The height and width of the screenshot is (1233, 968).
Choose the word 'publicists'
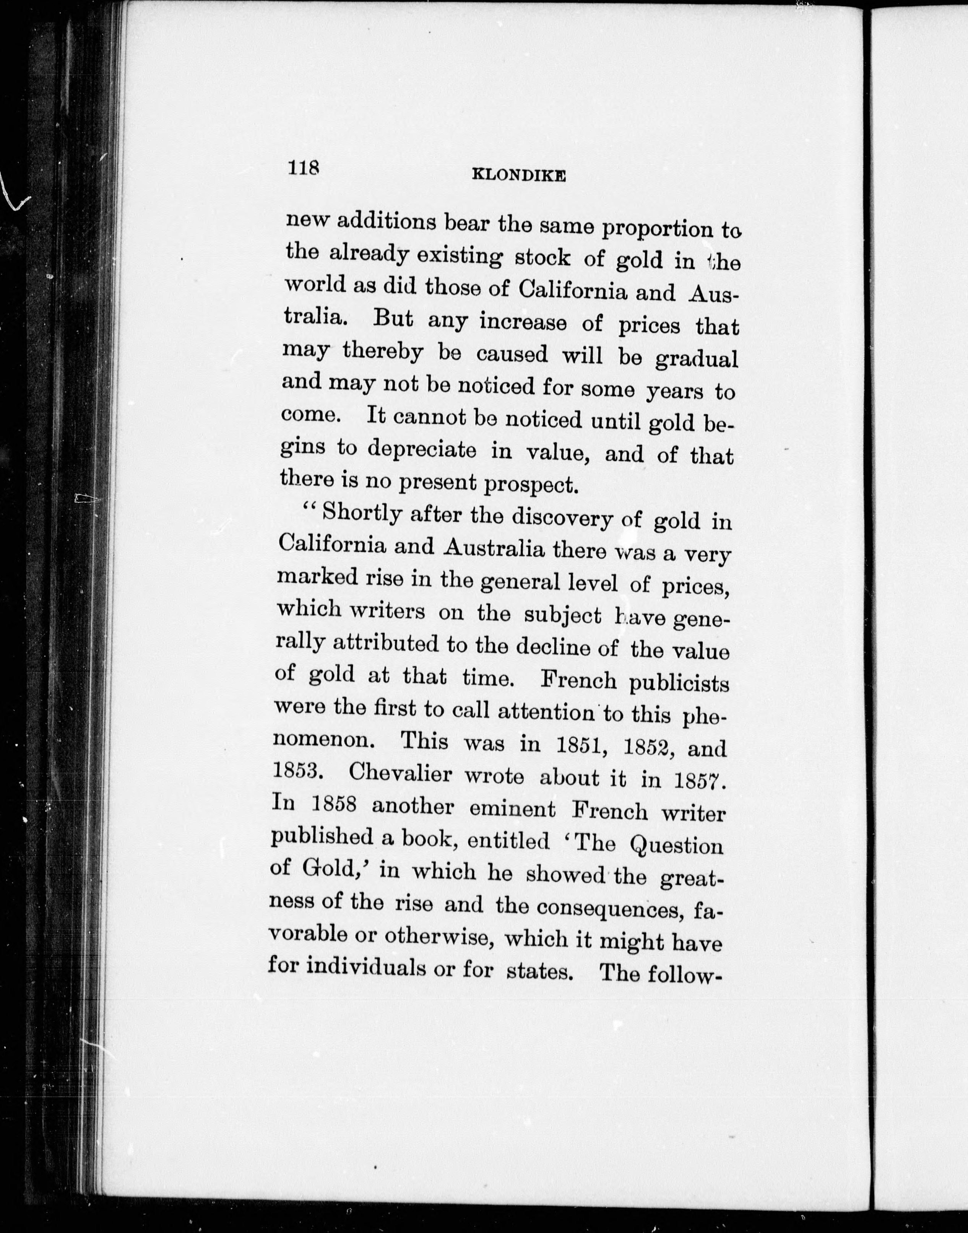coord(679,683)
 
